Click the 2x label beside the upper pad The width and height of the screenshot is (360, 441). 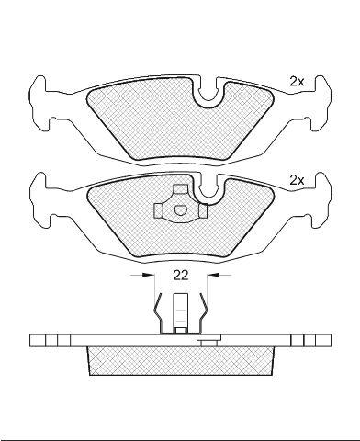click(297, 82)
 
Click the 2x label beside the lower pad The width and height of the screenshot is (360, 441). click(297, 181)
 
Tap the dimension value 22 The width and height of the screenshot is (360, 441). click(181, 276)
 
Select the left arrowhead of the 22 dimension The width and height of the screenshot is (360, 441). click(148, 276)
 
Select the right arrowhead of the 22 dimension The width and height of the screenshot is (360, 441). click(213, 276)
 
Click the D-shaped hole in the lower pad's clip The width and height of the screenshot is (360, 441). click(180, 210)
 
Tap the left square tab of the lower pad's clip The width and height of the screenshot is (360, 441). click(158, 210)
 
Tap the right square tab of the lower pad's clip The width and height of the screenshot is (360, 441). click(203, 210)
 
